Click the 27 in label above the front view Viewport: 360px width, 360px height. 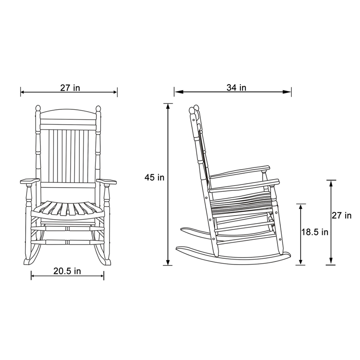[70, 88]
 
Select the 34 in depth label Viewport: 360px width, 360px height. [237, 88]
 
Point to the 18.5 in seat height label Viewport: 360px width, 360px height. [315, 232]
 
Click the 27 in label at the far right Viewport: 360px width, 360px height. [342, 216]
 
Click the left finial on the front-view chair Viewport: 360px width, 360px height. [38, 109]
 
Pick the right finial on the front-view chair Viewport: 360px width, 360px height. [98, 109]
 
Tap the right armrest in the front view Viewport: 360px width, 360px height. [107, 182]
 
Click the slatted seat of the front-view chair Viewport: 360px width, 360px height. [67, 209]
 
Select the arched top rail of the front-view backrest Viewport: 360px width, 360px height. [68, 112]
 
